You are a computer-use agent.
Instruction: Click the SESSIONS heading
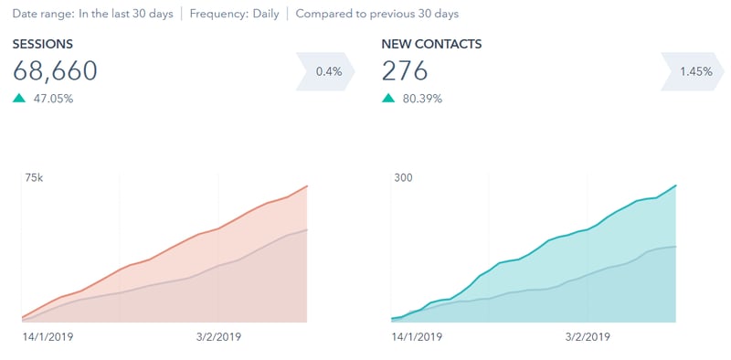click(x=43, y=43)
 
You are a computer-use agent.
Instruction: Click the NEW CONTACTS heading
click(x=431, y=43)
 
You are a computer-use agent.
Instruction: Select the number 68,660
click(x=55, y=71)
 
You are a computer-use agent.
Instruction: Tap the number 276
click(x=405, y=71)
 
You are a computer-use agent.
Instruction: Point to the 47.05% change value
click(x=52, y=99)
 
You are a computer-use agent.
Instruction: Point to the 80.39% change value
click(x=421, y=99)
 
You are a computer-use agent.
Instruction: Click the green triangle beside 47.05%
click(x=19, y=99)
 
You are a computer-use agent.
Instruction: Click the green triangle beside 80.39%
click(x=388, y=99)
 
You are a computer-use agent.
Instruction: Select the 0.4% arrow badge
click(x=325, y=71)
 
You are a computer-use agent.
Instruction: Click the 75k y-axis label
click(x=33, y=177)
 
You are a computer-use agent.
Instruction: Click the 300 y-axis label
click(x=403, y=177)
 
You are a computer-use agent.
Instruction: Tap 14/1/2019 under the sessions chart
click(x=47, y=337)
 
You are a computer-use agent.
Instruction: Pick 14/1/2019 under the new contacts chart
click(x=416, y=337)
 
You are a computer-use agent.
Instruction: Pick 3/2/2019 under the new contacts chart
click(x=586, y=337)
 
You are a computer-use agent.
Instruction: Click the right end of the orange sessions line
click(x=307, y=186)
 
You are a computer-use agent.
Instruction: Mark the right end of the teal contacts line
click(x=676, y=185)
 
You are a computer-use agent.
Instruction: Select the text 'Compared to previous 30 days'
click(x=377, y=14)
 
